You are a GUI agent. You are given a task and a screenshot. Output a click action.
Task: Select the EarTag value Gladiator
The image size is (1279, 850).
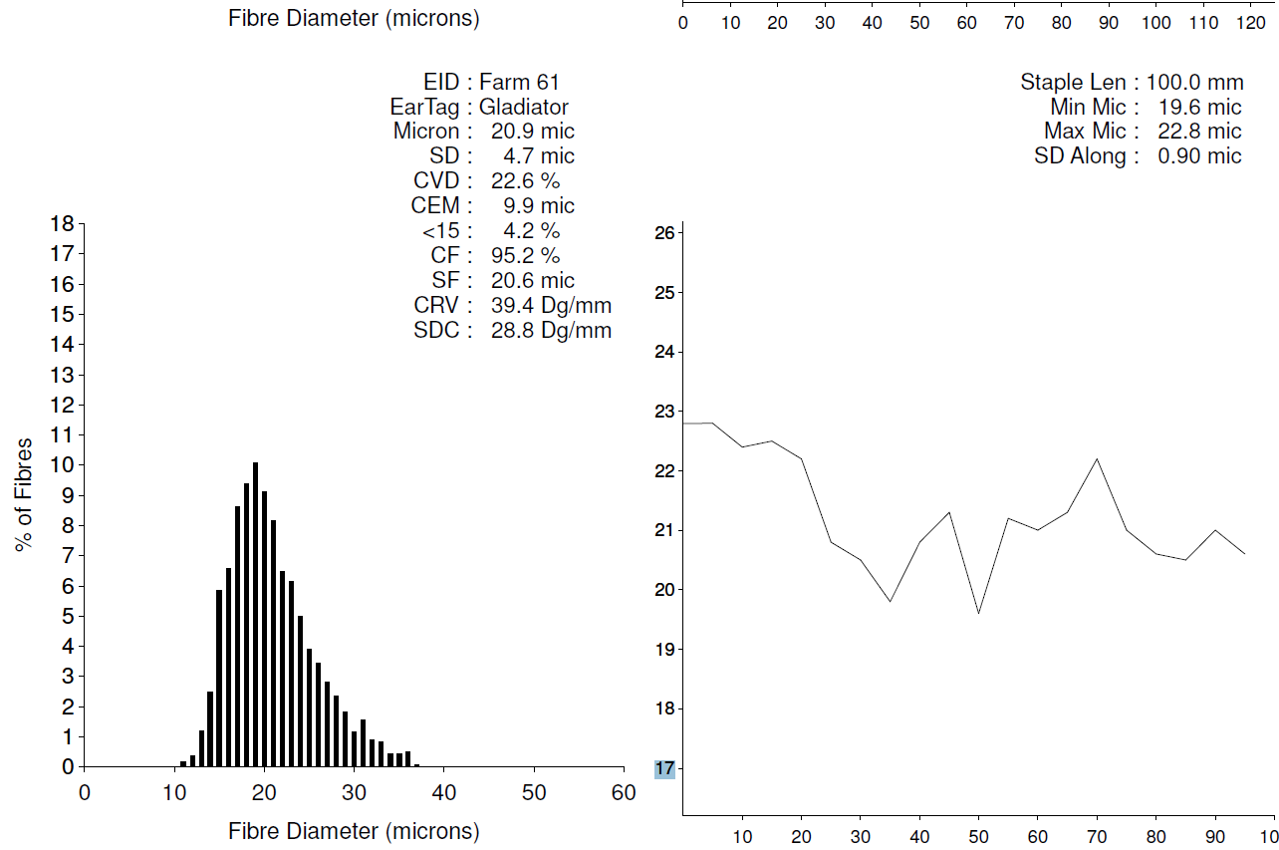tap(524, 107)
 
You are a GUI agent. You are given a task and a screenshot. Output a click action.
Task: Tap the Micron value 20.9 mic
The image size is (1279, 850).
tap(533, 131)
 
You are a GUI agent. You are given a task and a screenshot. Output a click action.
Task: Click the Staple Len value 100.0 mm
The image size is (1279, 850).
tap(1193, 82)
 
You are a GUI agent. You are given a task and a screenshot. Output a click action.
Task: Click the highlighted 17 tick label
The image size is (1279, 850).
tap(664, 768)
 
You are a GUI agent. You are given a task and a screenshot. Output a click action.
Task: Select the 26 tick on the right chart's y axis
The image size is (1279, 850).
tap(664, 233)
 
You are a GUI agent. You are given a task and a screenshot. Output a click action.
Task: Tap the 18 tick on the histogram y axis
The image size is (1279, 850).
tap(63, 223)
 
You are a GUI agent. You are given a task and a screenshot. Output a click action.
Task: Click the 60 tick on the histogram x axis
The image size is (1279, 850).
tap(624, 793)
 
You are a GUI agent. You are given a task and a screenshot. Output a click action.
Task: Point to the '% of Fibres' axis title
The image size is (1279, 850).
tap(24, 493)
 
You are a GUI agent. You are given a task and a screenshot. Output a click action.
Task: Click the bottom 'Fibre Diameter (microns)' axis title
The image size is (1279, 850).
tap(354, 831)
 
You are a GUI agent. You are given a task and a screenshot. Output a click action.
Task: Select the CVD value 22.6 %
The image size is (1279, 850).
tap(526, 180)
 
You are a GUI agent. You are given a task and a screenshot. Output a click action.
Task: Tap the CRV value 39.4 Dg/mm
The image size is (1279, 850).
tap(551, 305)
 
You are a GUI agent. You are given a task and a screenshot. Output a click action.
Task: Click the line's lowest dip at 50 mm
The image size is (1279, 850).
tap(979, 613)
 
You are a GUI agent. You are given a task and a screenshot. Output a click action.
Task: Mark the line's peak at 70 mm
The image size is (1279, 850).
tap(1097, 459)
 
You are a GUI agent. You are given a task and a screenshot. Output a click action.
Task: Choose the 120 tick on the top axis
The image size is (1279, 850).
tap(1249, 22)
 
